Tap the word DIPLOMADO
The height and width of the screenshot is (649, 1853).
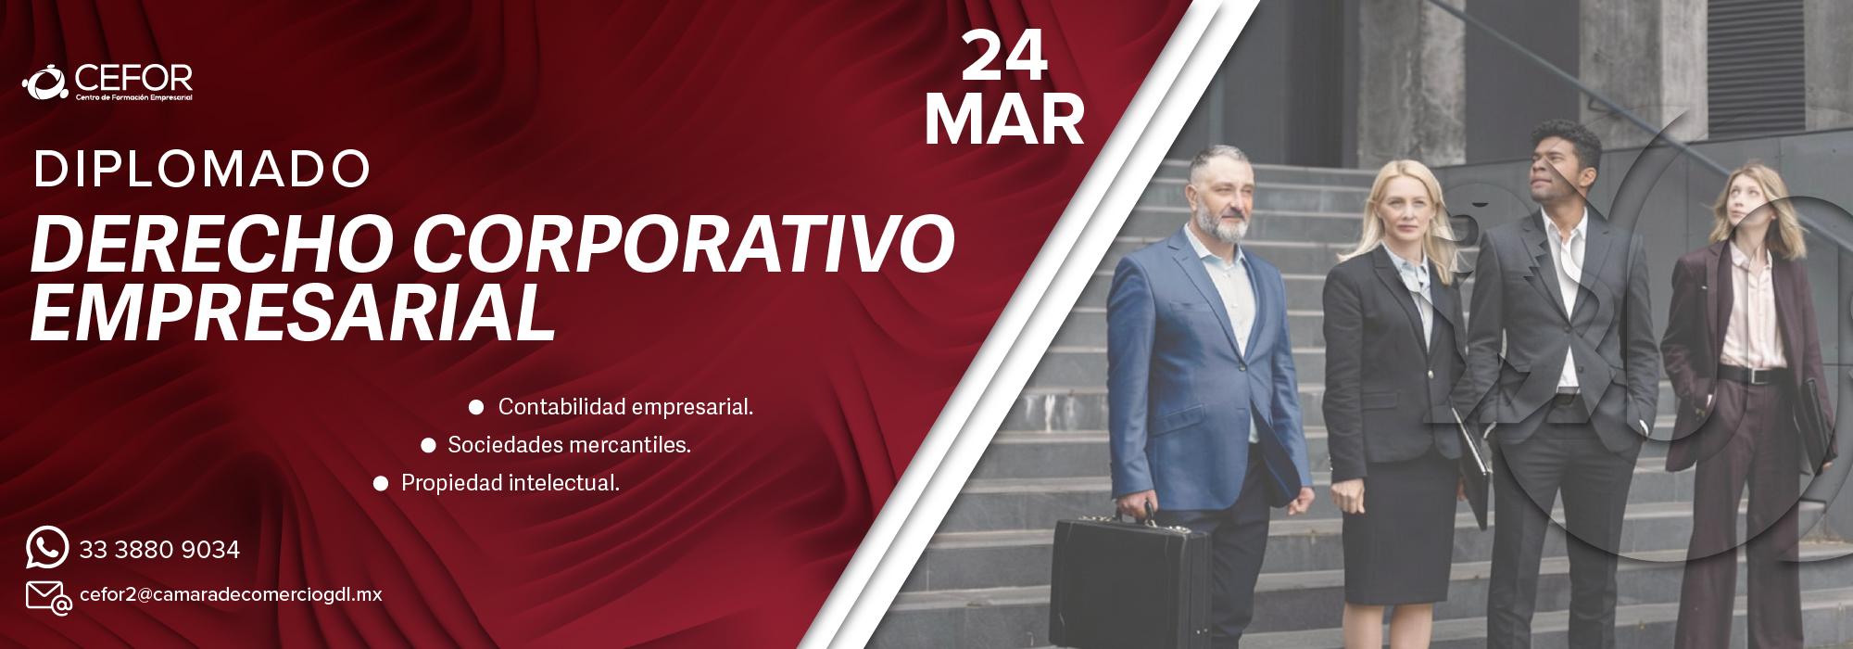click(x=202, y=170)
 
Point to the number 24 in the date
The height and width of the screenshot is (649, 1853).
click(x=1004, y=57)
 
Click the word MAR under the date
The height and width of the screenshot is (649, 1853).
click(x=1004, y=120)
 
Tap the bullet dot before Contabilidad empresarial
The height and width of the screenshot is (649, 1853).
click(x=477, y=406)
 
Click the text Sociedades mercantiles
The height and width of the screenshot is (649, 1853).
click(x=569, y=445)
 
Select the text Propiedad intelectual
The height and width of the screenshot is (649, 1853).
click(x=510, y=483)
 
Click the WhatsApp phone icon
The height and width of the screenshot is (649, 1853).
click(x=47, y=548)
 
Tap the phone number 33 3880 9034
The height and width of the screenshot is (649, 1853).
click(x=159, y=550)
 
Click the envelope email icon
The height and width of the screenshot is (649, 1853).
click(x=47, y=596)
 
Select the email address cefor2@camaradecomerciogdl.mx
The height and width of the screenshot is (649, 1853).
click(x=232, y=594)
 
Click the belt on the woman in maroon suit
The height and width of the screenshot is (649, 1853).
click(x=1746, y=375)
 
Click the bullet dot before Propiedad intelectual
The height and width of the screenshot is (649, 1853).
click(x=381, y=483)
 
